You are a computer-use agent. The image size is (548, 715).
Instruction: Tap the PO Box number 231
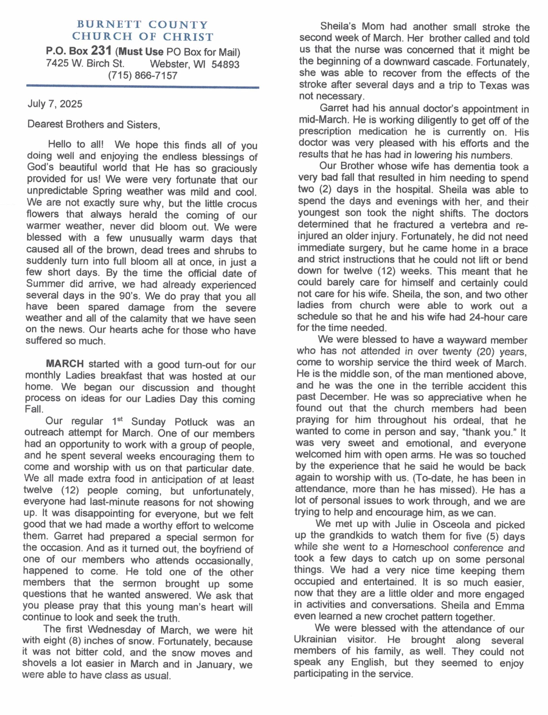(x=101, y=51)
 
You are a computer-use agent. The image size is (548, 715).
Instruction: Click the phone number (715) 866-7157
(x=143, y=76)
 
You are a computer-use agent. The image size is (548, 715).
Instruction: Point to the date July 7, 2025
(x=55, y=104)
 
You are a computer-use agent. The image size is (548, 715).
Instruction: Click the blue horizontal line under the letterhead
(x=143, y=87)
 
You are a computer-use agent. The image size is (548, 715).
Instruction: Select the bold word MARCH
(x=65, y=364)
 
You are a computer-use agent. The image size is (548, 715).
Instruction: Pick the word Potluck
(x=191, y=422)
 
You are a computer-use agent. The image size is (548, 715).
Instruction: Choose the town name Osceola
(x=452, y=525)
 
